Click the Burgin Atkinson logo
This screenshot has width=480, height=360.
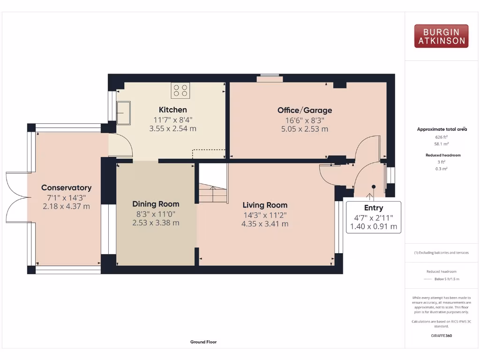pyautogui.click(x=441, y=36)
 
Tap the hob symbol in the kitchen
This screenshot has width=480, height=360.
pyautogui.click(x=180, y=90)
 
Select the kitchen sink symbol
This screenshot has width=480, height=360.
pyautogui.click(x=123, y=113)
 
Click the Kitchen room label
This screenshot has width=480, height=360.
pyautogui.click(x=172, y=110)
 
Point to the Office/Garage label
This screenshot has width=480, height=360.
pyautogui.click(x=305, y=110)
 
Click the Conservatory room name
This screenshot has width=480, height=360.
pyautogui.click(x=66, y=187)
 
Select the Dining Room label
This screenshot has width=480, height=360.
pyautogui.click(x=156, y=204)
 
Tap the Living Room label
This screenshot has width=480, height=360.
pyautogui.click(x=265, y=205)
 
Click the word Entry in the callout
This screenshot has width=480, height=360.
pyautogui.click(x=373, y=208)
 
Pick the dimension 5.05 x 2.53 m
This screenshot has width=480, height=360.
pyautogui.click(x=305, y=129)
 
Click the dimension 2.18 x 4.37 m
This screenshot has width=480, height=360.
pyautogui.click(x=66, y=206)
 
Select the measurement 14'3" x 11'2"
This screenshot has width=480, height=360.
pyautogui.click(x=265, y=215)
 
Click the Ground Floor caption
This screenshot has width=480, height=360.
pyautogui.click(x=203, y=342)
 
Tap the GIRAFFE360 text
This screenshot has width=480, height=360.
pyautogui.click(x=441, y=336)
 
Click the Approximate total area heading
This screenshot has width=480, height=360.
pyautogui.click(x=441, y=129)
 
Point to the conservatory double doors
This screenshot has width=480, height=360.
pyautogui.click(x=16, y=197)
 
